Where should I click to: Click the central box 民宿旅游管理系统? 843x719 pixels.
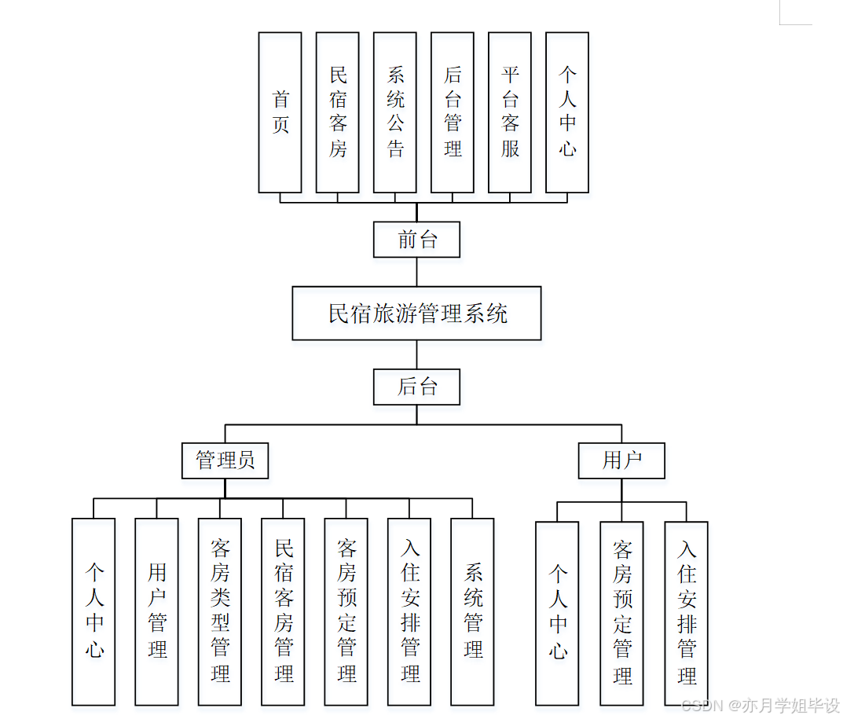click(x=416, y=314)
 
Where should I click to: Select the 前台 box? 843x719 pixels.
click(x=416, y=240)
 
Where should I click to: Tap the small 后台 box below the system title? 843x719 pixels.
click(x=416, y=387)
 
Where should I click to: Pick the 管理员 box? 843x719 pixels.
click(x=225, y=460)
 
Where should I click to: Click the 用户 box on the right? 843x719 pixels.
click(x=621, y=460)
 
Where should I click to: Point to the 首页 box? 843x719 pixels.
click(x=280, y=112)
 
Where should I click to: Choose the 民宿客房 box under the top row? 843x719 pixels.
click(x=337, y=112)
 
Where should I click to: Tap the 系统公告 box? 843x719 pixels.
click(x=394, y=112)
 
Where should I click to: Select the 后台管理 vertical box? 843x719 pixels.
click(x=452, y=112)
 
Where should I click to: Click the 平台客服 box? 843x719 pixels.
click(x=509, y=112)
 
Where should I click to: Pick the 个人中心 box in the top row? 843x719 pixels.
click(x=566, y=112)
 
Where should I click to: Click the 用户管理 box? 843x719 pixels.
click(x=156, y=611)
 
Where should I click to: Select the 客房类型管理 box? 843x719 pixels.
click(x=219, y=611)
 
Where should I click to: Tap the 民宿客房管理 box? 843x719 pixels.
click(x=283, y=611)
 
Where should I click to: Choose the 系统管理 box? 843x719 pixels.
click(x=472, y=611)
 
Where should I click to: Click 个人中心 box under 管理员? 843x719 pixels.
click(x=93, y=611)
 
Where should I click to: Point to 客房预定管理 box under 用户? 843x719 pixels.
click(x=621, y=613)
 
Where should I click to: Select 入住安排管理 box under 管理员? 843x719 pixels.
click(x=409, y=611)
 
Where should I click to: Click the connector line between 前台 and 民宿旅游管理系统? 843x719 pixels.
click(x=416, y=272)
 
